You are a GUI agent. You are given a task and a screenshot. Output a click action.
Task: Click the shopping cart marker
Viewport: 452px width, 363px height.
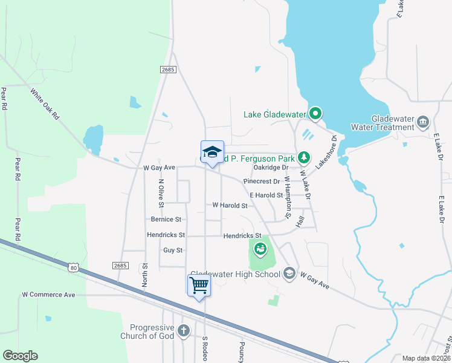(199, 285)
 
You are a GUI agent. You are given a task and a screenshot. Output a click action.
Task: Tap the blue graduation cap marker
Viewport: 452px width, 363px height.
(212, 152)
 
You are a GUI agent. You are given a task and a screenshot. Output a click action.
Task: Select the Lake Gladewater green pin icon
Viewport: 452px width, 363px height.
(315, 113)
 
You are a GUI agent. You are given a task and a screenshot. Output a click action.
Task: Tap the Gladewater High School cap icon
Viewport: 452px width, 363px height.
(289, 274)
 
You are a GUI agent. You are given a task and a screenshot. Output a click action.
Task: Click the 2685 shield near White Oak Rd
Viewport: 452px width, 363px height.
(168, 70)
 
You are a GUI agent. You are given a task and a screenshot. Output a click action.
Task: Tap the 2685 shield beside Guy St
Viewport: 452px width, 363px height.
(120, 266)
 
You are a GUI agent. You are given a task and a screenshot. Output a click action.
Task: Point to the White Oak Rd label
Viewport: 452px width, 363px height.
(46, 103)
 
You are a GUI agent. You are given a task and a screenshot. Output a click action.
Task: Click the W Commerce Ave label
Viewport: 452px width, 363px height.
(48, 295)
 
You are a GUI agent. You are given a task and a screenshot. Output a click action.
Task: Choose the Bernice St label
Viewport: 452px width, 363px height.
(165, 219)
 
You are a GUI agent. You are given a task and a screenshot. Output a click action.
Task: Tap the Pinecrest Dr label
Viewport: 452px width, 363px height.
(262, 181)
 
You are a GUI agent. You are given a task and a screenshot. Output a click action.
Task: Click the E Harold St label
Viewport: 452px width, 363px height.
(266, 195)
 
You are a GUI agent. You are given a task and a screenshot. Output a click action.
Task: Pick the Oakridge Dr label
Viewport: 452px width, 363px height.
(271, 168)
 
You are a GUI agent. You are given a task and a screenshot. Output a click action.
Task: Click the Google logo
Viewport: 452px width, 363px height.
(20, 356)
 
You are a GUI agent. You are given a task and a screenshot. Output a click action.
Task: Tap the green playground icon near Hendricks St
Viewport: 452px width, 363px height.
(260, 247)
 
